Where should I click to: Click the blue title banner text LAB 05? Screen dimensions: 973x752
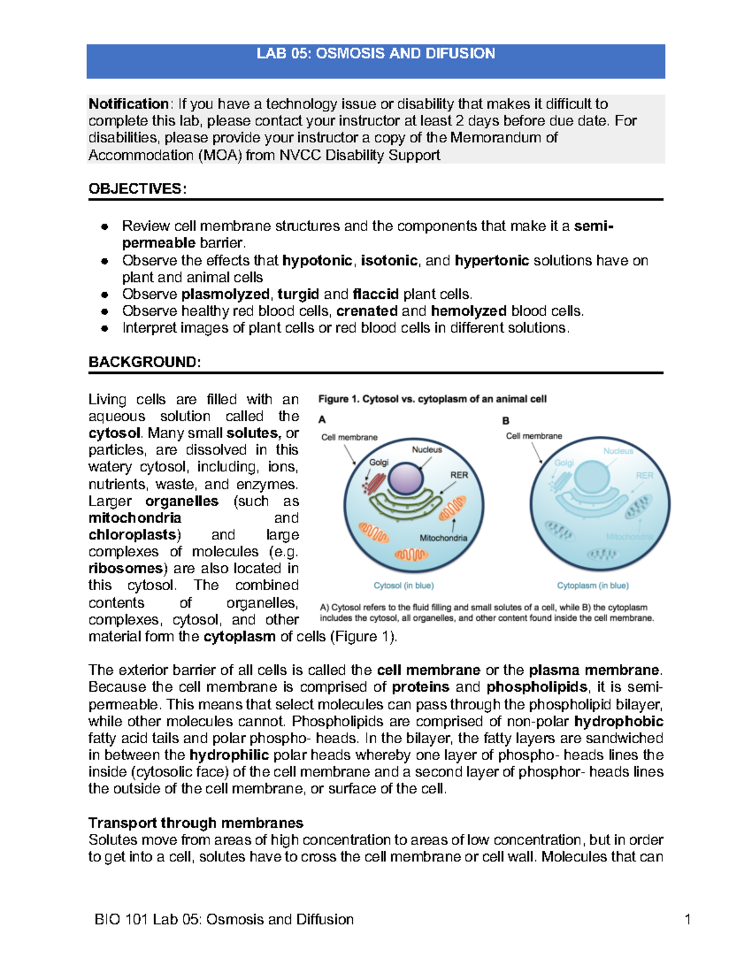click(375, 54)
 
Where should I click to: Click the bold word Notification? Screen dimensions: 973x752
click(128, 104)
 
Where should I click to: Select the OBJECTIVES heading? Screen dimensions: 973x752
click(137, 189)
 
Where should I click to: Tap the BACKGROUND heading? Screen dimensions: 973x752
click(145, 362)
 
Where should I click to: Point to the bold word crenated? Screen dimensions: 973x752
click(367, 311)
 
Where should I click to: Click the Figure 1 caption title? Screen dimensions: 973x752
click(432, 399)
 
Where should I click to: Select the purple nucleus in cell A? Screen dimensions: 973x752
click(407, 480)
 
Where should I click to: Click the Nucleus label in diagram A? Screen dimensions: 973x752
click(427, 449)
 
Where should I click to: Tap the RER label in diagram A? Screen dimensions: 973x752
click(459, 475)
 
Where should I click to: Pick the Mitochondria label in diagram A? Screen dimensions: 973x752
click(443, 538)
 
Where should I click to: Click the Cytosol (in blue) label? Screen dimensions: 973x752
click(404, 585)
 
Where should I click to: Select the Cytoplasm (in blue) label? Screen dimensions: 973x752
click(593, 585)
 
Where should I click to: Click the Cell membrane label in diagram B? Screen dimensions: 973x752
click(534, 436)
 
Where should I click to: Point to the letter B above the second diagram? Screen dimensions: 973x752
click(506, 420)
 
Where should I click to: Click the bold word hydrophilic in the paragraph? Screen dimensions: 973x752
click(229, 755)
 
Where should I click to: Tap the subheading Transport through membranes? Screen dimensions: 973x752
click(196, 823)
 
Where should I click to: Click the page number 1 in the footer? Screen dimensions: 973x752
click(687, 919)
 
